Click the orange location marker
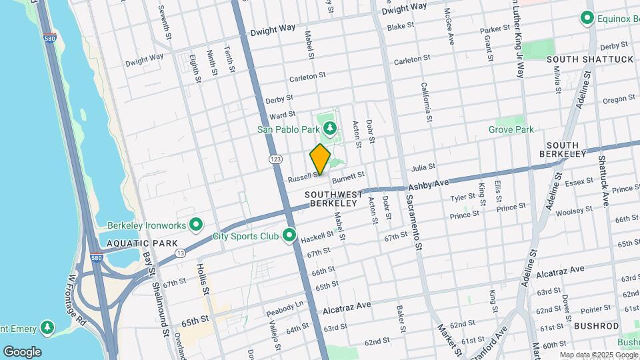tap(320, 159)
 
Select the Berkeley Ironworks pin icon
tap(195, 224)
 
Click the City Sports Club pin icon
tap(289, 235)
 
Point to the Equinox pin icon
tap(587, 18)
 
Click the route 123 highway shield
tap(275, 159)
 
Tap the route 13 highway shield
tap(181, 253)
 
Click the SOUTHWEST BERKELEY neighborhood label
tap(333, 199)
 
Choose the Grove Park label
tap(511, 129)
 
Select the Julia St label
tap(423, 167)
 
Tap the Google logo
tap(22, 352)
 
